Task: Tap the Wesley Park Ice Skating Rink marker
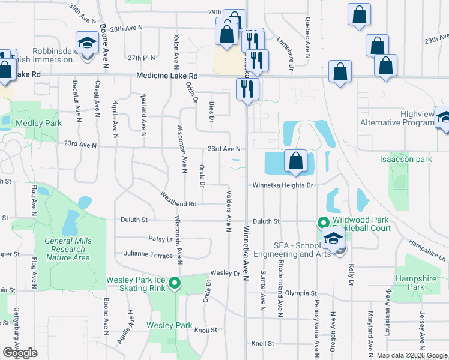click(x=175, y=283)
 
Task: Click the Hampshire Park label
click(x=412, y=283)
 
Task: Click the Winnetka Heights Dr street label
click(x=283, y=185)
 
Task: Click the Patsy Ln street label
click(x=161, y=239)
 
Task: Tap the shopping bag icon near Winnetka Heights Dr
click(x=295, y=161)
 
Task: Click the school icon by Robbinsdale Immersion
click(x=86, y=43)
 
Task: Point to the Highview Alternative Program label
click(x=397, y=118)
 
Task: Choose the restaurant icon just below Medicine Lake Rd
click(x=247, y=89)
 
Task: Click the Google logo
click(x=20, y=353)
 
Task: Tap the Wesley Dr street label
click(x=225, y=273)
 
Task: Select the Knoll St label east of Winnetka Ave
click(x=263, y=344)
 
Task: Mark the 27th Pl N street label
click(x=142, y=58)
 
